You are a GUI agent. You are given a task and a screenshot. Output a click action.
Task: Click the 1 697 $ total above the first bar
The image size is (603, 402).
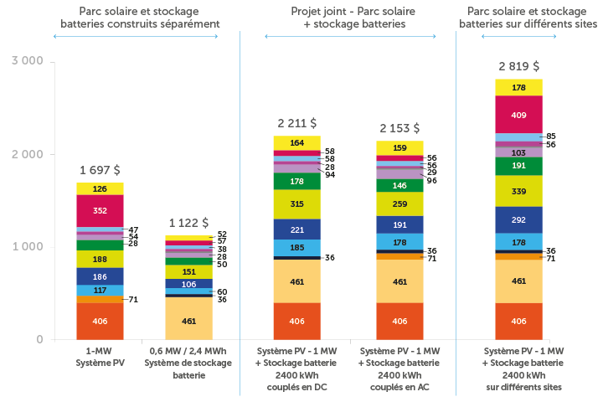pyautogui.click(x=100, y=170)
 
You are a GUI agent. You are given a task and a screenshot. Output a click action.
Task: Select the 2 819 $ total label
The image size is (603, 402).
pyautogui.click(x=518, y=65)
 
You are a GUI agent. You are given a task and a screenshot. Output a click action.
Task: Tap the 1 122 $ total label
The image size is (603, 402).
pyautogui.click(x=188, y=223)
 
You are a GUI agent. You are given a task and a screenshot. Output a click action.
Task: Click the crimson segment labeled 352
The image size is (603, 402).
pyautogui.click(x=100, y=210)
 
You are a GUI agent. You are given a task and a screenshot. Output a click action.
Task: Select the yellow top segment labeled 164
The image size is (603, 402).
pyautogui.click(x=296, y=143)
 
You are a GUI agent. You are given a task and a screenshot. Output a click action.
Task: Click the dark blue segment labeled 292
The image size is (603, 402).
pyautogui.click(x=518, y=220)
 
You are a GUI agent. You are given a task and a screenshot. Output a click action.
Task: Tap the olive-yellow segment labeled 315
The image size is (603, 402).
pyautogui.click(x=296, y=204)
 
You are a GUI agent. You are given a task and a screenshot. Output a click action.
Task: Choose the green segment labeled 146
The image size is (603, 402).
pyautogui.click(x=399, y=185)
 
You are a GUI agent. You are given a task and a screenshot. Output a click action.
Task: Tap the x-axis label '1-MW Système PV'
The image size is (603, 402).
pyautogui.click(x=100, y=357)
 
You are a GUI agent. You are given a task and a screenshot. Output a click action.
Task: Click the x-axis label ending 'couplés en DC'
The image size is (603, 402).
pyautogui.click(x=296, y=368)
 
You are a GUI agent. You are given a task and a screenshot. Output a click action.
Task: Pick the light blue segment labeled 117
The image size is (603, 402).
pyautogui.click(x=100, y=291)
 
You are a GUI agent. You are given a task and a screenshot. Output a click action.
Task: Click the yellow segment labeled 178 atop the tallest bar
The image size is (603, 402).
pyautogui.click(x=518, y=87)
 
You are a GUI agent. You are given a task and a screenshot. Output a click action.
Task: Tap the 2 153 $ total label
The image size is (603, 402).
pyautogui.click(x=399, y=128)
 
